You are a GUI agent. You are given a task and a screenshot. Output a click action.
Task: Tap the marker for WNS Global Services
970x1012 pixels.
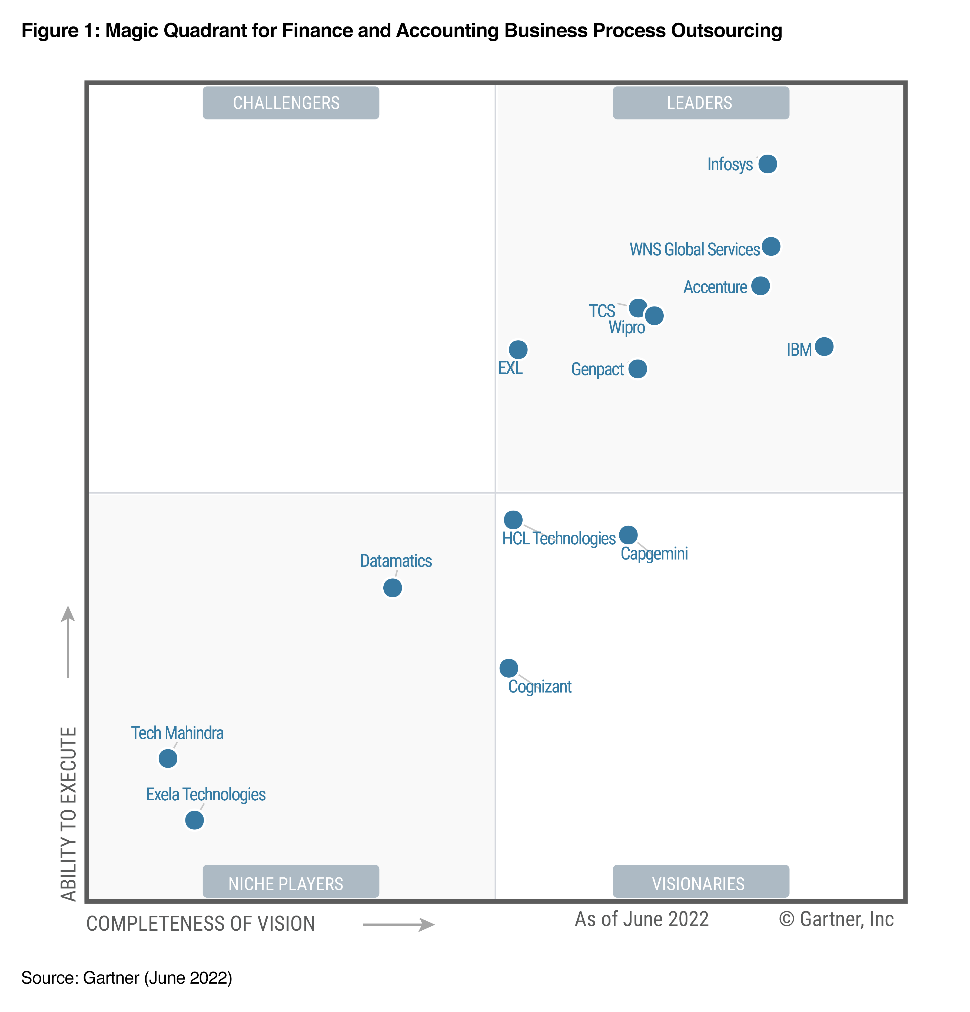[x=771, y=246]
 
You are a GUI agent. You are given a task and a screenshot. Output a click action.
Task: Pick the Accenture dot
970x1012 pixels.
[x=760, y=285]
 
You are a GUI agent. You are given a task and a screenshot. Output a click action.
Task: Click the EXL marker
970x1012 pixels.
[x=518, y=349]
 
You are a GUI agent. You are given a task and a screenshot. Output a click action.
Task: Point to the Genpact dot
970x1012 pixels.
[x=637, y=369]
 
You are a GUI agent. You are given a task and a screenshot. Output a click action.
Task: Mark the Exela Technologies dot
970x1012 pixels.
[x=194, y=820]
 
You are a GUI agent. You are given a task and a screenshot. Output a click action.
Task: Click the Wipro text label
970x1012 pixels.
[x=626, y=327]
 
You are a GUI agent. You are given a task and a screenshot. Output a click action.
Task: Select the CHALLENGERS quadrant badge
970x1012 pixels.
[x=291, y=103]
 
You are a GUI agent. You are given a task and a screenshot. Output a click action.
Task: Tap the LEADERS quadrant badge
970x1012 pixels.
[x=700, y=103]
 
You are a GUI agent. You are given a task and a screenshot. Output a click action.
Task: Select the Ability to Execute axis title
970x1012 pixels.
[x=69, y=813]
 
